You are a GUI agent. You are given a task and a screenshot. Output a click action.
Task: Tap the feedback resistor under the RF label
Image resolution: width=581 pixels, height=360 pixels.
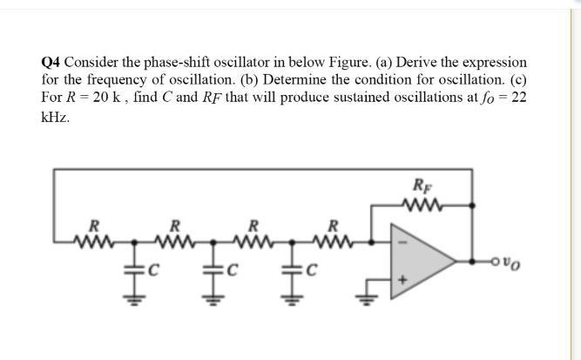(422, 206)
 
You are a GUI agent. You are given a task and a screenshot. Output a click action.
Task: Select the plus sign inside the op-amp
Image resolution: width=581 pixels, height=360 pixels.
(402, 281)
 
